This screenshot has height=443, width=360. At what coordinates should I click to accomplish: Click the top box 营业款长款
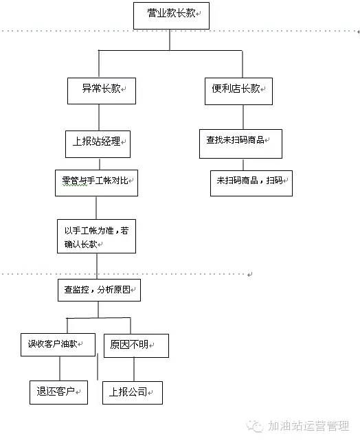[170, 14]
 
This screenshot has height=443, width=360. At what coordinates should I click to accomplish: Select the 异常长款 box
[101, 89]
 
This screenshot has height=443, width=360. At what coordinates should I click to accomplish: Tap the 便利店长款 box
[238, 89]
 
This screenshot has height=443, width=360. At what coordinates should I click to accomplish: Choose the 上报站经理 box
[97, 143]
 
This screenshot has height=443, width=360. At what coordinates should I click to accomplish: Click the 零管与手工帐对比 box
[96, 183]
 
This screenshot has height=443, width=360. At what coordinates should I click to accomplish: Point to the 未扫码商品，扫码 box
[251, 182]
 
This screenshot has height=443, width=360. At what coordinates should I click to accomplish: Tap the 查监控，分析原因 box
[98, 289]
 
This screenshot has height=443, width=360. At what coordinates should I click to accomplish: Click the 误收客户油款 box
[57, 343]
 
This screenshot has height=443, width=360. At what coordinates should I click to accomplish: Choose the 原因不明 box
[135, 345]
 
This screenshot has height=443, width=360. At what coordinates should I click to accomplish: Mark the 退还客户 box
[58, 392]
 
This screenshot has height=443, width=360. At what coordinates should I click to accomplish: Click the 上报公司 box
[133, 392]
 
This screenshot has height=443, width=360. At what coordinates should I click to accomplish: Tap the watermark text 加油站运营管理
[308, 426]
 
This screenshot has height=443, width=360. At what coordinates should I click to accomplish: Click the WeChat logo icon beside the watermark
[255, 427]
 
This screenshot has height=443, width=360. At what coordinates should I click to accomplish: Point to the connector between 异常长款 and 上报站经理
[100, 117]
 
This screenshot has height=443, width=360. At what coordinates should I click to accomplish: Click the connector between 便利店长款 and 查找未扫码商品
[238, 117]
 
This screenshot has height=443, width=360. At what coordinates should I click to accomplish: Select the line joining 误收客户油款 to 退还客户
[60, 368]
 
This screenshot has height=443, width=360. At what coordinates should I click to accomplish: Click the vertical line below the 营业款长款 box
[170, 40]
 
